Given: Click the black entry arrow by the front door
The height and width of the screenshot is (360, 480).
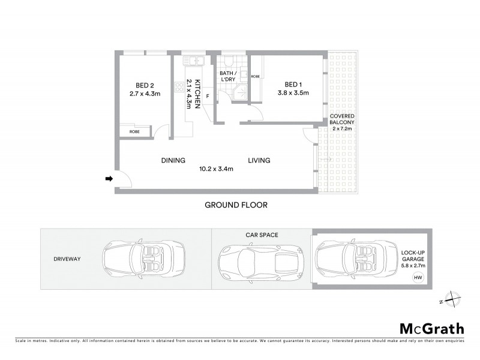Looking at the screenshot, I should pyautogui.click(x=109, y=178).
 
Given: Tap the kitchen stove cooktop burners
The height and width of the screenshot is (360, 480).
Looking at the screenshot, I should pyautogui.click(x=179, y=86).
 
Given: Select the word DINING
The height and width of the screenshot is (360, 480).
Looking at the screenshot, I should pyautogui.click(x=173, y=160).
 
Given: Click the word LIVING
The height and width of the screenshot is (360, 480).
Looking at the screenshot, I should pyautogui.click(x=260, y=160).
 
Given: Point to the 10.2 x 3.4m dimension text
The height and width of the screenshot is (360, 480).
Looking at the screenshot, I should pyautogui.click(x=216, y=169).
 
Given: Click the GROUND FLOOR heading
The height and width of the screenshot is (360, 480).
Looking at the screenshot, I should pyautogui.click(x=236, y=205).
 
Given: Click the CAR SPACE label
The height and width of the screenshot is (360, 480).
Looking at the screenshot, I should pyautogui.click(x=262, y=235).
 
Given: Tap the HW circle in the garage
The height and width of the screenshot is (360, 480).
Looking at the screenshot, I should pyautogui.click(x=416, y=277).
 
